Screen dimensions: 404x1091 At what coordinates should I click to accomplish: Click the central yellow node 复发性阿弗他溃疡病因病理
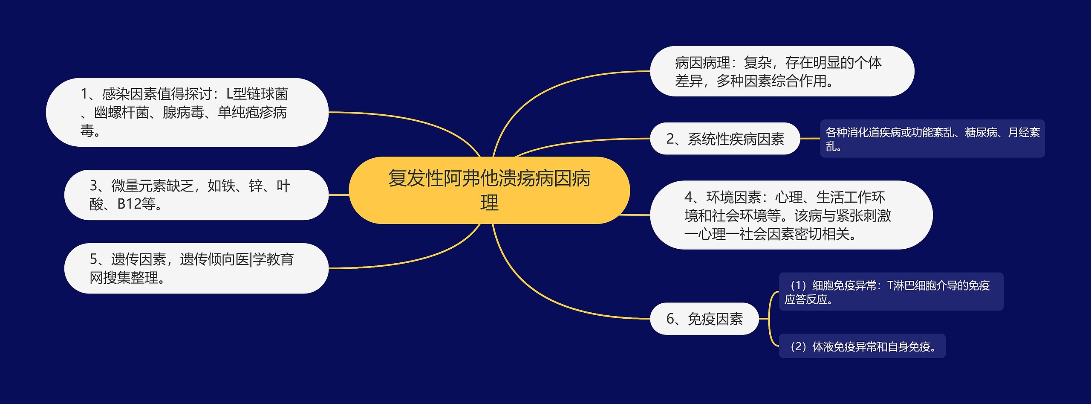pos(489,190)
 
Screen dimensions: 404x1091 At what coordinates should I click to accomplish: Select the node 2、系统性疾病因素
pos(724,139)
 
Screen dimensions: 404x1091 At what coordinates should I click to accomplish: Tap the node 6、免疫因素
pos(704,319)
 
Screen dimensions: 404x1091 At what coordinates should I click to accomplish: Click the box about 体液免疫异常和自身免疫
pos(862,346)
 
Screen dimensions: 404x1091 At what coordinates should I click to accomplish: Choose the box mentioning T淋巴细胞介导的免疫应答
pos(891,292)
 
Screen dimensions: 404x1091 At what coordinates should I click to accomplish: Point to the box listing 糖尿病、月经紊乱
pos(932,139)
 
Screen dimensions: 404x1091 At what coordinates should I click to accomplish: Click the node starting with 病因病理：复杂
pos(782,71)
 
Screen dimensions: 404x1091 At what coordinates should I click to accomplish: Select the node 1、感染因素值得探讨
pos(187,112)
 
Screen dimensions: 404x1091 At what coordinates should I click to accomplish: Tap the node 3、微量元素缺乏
pos(196,195)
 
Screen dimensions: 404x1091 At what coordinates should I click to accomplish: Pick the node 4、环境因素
pos(791,215)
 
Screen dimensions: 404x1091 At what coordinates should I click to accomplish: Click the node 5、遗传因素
pos(196,268)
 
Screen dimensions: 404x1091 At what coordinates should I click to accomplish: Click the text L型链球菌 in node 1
pos(257,94)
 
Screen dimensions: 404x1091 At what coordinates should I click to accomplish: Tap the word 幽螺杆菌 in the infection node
pos(121,113)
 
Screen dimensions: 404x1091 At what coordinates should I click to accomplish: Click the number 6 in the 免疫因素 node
pos(670,319)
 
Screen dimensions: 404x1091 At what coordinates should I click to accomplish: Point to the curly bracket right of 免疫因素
pos(770,319)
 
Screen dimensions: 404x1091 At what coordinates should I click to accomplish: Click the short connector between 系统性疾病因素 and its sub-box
pos(810,139)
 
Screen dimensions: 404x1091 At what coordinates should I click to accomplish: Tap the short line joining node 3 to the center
pos(339,195)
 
